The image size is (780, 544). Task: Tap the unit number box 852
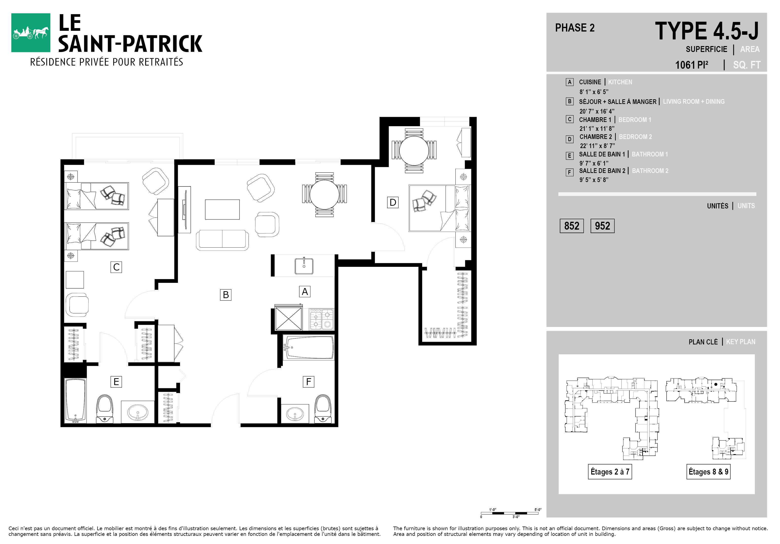(x=572, y=226)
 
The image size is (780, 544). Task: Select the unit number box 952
(x=602, y=226)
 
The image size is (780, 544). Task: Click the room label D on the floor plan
(x=393, y=203)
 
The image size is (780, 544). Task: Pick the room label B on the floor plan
(x=226, y=295)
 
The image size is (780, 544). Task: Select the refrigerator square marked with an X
(x=288, y=318)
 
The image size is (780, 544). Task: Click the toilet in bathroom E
(x=105, y=409)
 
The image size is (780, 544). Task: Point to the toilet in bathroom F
(x=322, y=408)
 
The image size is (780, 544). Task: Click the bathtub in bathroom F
(x=308, y=347)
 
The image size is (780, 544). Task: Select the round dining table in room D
(x=414, y=151)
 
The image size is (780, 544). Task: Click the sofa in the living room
(x=222, y=240)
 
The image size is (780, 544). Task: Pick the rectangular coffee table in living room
(x=222, y=209)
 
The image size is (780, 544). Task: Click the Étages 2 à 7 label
(x=610, y=472)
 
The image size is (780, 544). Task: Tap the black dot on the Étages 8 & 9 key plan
(x=716, y=385)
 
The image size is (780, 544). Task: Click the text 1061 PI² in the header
(x=692, y=65)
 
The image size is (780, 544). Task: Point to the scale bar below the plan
(x=510, y=513)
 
